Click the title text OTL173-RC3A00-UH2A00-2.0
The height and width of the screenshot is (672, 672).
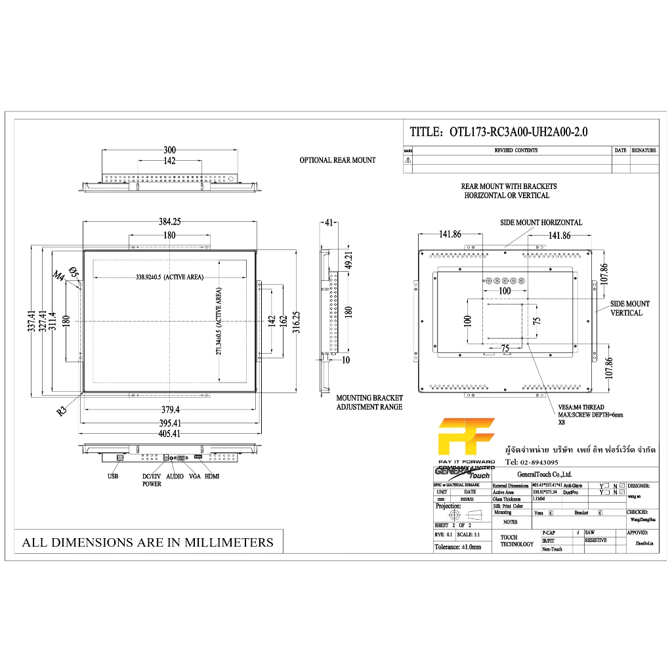click(x=518, y=132)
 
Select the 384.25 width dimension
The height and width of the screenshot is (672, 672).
click(x=169, y=222)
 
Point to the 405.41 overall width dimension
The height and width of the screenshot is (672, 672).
click(x=169, y=434)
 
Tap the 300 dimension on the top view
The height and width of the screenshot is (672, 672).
click(x=169, y=150)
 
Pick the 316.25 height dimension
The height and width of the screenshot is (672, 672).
click(x=296, y=321)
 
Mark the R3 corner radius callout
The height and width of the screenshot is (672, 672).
click(x=62, y=411)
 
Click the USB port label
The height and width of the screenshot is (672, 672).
click(x=113, y=476)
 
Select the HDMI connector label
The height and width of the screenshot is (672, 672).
click(x=212, y=476)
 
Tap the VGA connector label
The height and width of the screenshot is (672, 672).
click(x=194, y=476)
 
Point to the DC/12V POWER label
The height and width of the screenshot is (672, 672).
click(x=152, y=480)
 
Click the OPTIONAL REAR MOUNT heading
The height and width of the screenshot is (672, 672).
click(x=337, y=160)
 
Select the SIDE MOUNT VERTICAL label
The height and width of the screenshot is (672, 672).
click(x=629, y=308)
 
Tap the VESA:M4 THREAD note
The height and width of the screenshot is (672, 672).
click(x=581, y=408)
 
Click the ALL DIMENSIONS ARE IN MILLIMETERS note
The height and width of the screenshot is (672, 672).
click(x=148, y=543)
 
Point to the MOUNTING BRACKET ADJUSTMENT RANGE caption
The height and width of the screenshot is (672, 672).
click(x=369, y=402)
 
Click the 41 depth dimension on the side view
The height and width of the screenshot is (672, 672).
click(x=329, y=222)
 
